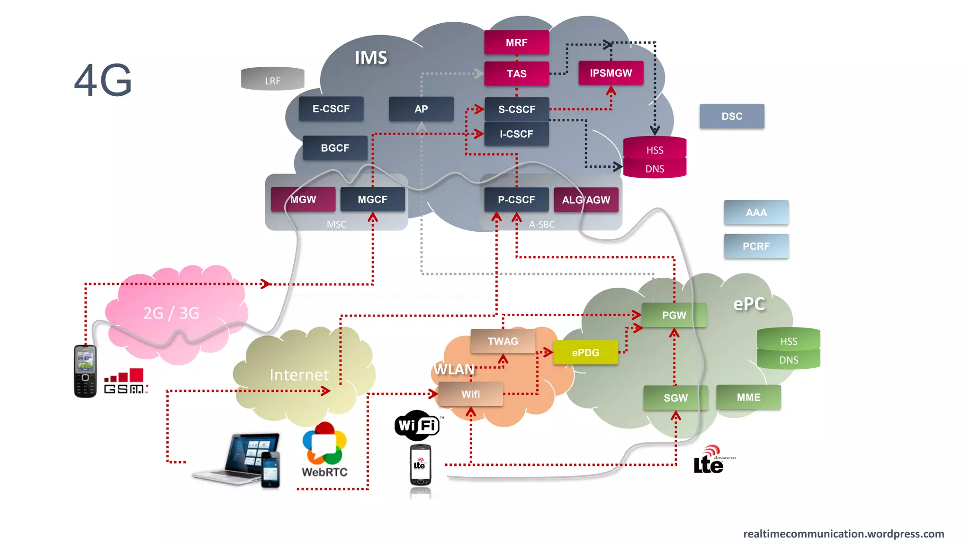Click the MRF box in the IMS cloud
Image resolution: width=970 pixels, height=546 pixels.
516,43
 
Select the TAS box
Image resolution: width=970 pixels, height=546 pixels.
516,73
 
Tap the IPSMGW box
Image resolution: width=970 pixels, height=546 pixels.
611,73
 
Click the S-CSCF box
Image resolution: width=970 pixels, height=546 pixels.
516,109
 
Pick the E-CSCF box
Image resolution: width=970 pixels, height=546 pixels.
331,109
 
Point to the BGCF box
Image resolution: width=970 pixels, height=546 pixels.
335,148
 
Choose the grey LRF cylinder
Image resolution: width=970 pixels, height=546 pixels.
272,79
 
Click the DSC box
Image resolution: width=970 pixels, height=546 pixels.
732,116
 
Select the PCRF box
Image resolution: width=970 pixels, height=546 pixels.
756,246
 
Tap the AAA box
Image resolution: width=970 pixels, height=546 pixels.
756,212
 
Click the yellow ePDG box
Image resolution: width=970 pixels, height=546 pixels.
585,352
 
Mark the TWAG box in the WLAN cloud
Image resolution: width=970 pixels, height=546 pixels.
503,341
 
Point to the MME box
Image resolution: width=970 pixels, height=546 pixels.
748,397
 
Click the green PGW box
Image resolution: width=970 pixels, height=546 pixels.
674,315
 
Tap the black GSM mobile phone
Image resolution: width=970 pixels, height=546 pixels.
85,371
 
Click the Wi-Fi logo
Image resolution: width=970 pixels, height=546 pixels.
417,425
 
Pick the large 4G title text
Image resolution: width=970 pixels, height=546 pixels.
103,80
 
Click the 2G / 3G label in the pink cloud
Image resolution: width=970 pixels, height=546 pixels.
171,313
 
